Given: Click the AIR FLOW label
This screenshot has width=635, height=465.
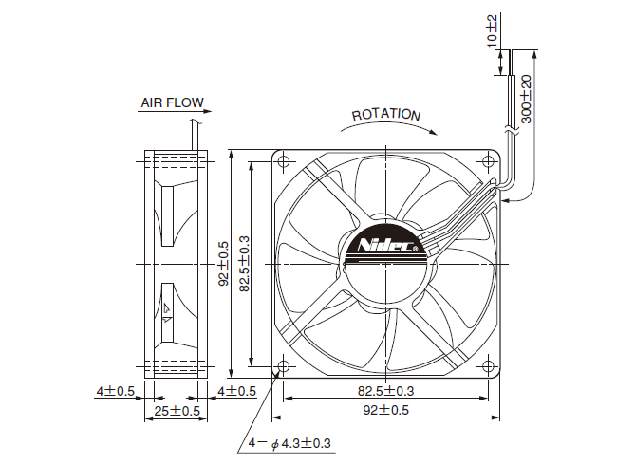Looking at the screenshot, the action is pos(172,102).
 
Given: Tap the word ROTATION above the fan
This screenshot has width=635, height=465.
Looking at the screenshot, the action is pos(386,115).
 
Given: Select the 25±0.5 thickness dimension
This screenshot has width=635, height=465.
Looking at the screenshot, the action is pos(177,411).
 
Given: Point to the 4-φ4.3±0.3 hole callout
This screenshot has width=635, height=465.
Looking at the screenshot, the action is pos(289,443).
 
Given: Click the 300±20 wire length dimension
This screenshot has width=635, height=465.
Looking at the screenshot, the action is pos(526,99).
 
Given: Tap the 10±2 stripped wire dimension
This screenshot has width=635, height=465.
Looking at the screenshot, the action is pos(492,30).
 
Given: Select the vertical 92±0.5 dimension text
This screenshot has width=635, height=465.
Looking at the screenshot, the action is pos(223,264).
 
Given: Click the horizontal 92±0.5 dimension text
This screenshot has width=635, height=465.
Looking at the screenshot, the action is pos(386,410).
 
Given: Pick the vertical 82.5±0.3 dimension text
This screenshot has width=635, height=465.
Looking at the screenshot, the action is pos(244,264).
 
